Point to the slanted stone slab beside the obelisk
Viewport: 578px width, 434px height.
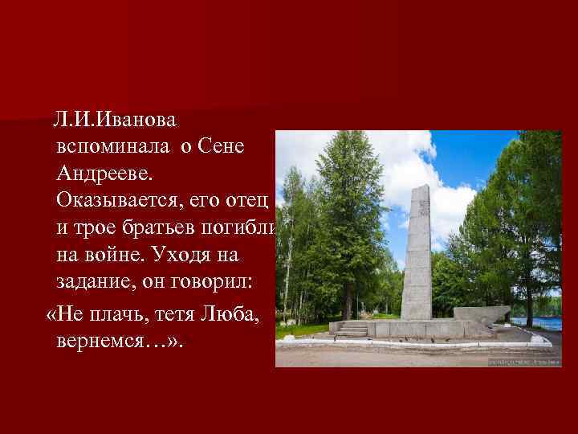pyautogui.click(x=481, y=313)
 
